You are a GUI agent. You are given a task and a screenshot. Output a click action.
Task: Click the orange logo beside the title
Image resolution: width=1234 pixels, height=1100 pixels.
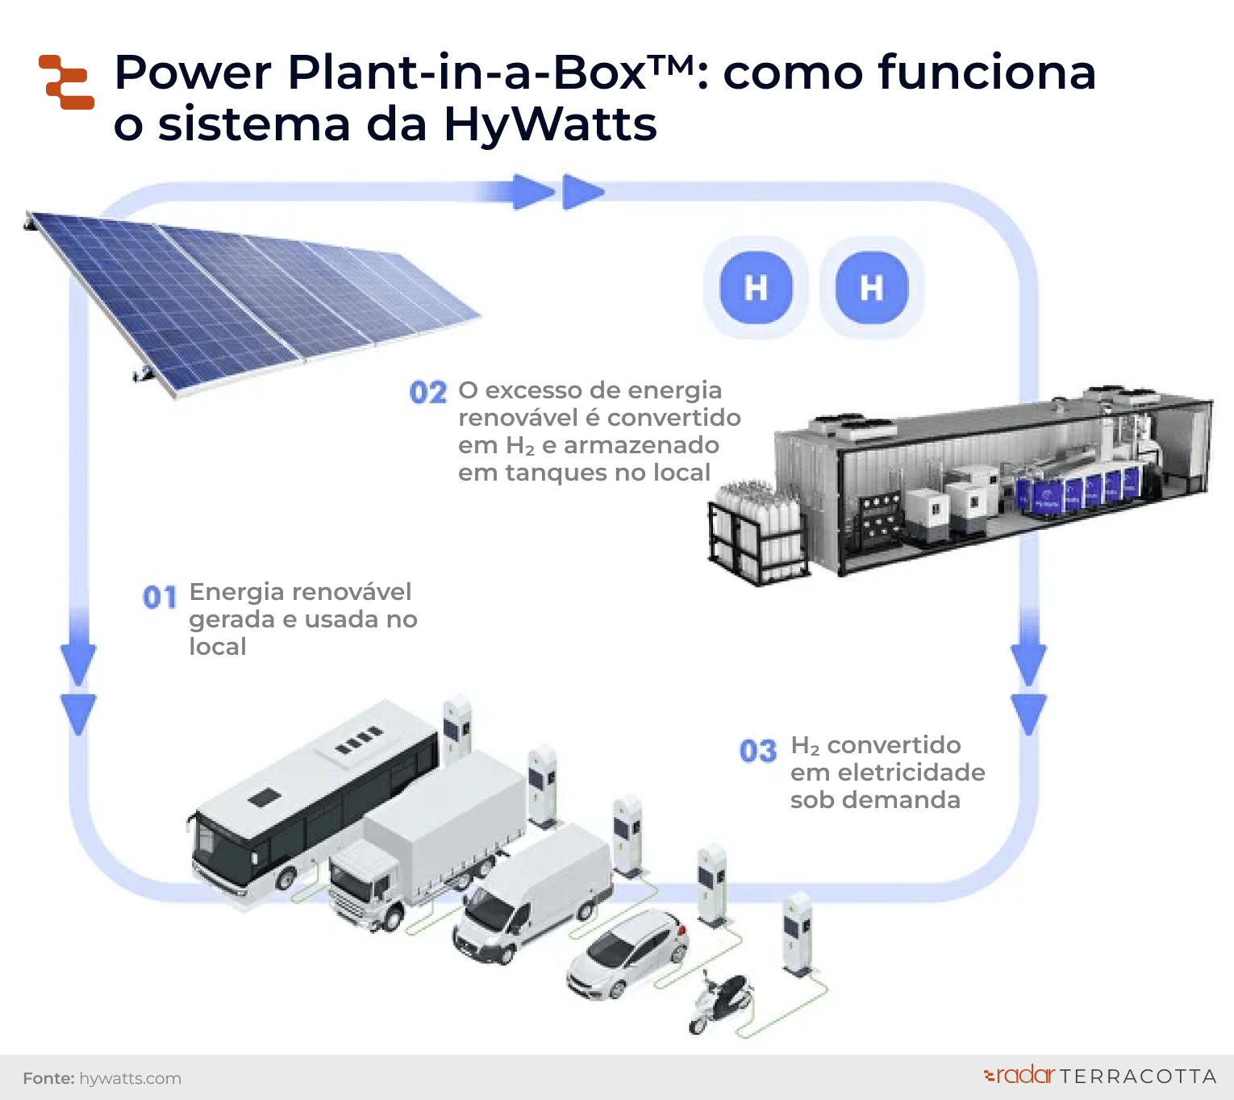66,82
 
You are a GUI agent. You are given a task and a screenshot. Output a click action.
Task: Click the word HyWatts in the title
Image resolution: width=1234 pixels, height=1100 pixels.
550,125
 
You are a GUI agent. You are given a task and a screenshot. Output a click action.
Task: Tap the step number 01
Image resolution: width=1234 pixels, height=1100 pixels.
160,598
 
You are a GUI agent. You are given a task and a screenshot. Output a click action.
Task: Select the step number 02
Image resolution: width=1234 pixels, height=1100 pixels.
427,393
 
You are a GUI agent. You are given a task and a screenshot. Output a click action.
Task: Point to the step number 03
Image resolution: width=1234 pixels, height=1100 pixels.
758,752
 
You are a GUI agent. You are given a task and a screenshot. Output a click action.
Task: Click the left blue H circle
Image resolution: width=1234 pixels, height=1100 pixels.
756,288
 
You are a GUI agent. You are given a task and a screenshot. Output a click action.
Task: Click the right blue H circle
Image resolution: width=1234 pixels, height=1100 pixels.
872,288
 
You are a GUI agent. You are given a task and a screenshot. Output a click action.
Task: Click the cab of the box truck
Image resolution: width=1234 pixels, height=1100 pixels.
363,887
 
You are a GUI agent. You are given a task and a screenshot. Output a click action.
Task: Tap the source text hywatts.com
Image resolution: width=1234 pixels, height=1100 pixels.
130,1078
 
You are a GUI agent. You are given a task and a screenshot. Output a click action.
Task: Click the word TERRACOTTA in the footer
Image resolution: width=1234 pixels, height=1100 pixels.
1138,1077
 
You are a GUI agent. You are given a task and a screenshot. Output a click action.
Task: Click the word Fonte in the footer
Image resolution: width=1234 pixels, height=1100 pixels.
48,1078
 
